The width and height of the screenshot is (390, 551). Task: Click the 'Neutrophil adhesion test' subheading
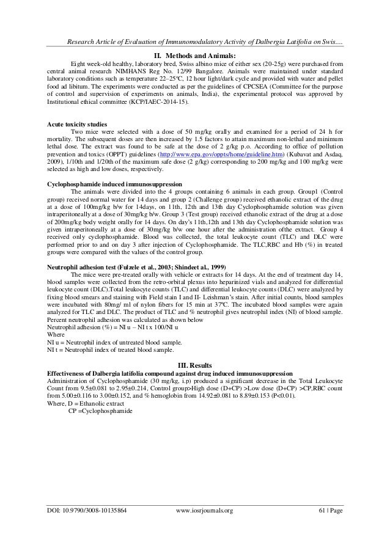point(134,267)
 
